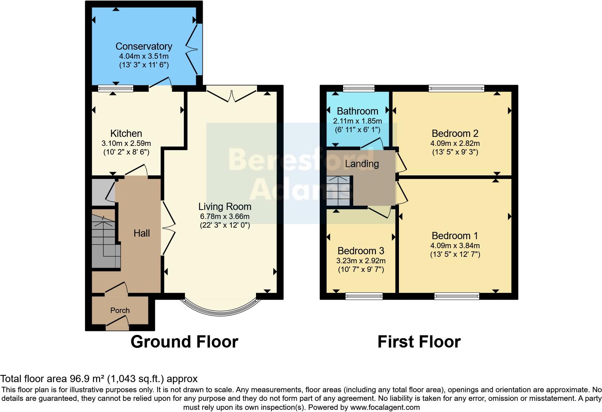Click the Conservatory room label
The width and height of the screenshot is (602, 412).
coord(144,46)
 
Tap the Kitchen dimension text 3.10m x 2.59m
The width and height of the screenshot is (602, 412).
coord(126,143)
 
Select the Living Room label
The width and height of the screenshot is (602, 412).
coord(225,207)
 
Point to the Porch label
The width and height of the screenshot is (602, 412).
coord(120,310)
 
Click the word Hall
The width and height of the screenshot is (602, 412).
coord(141,233)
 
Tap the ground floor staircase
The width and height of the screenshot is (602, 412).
coord(104,241)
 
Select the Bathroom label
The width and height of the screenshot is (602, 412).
coord(357,111)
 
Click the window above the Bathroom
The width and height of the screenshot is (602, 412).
coord(359,88)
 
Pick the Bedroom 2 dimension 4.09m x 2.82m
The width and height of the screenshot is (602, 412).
coord(455,143)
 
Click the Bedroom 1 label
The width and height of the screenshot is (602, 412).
coord(455,236)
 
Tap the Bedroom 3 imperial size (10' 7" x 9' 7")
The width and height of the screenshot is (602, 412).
coord(361,269)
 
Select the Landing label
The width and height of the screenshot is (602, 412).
coord(362,164)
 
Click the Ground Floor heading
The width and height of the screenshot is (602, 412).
coord(184,342)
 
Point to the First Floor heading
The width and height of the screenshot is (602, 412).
coord(419,342)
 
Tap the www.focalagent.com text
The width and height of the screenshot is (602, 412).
coord(385,407)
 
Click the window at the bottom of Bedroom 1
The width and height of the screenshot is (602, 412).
coord(457,296)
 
